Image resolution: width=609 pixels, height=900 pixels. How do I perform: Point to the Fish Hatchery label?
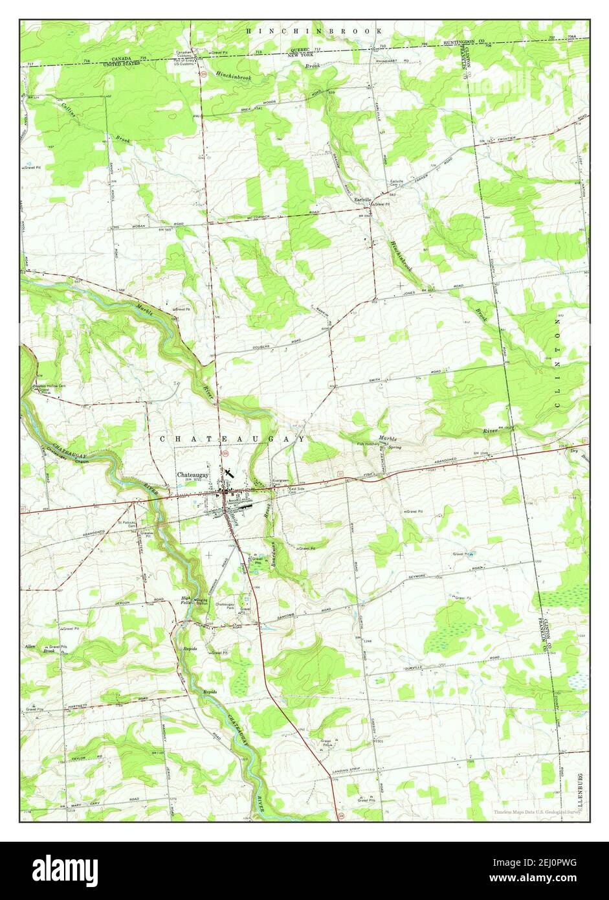[370, 444]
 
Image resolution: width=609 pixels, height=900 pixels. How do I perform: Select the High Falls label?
[186, 600]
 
